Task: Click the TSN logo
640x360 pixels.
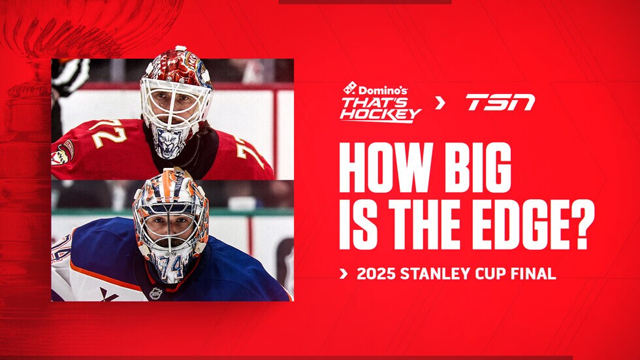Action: (500, 102)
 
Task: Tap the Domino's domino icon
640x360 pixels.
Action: (350, 88)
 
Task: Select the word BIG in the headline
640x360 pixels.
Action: (477, 167)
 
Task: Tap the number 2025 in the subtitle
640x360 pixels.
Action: (376, 274)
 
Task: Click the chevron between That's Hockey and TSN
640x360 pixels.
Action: (440, 102)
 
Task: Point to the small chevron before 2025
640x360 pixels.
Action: (344, 274)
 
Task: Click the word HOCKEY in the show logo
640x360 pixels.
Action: (379, 115)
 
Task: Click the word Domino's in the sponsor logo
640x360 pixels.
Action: (383, 90)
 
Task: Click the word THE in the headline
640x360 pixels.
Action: (421, 225)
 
